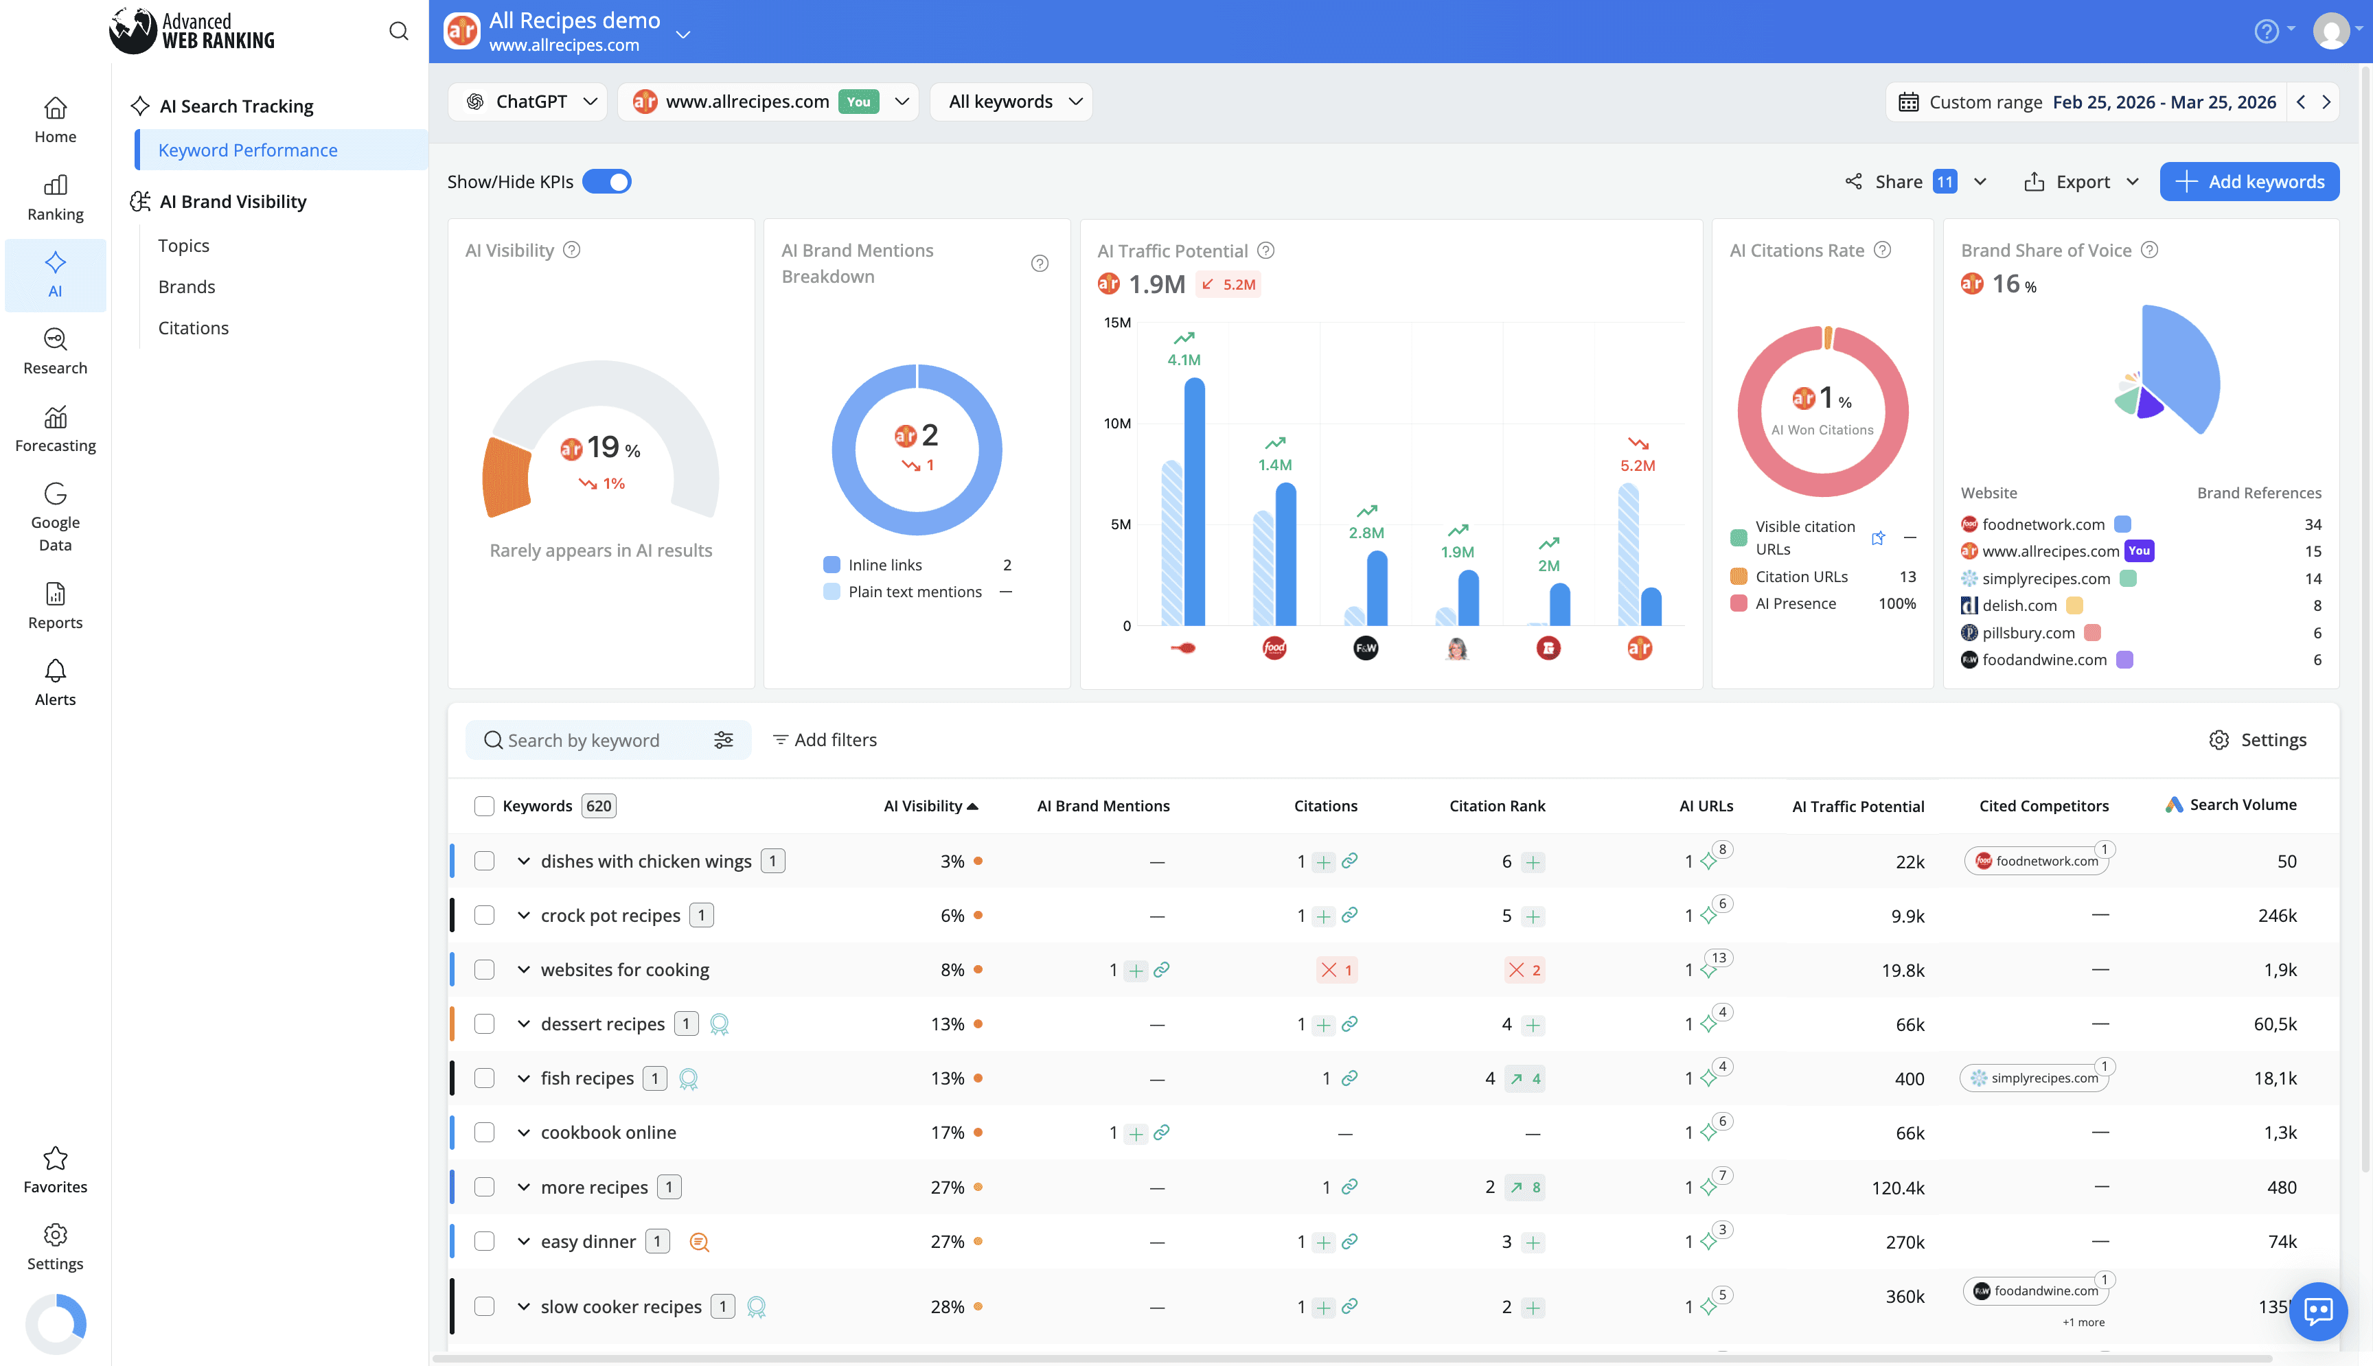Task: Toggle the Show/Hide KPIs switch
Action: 606,181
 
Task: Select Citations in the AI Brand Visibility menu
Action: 194,327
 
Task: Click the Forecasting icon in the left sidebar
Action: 56,417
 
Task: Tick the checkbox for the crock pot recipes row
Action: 484,915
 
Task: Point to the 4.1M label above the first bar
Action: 1183,359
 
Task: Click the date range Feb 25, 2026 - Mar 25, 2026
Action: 2163,102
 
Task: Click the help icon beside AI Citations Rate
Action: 1881,250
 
